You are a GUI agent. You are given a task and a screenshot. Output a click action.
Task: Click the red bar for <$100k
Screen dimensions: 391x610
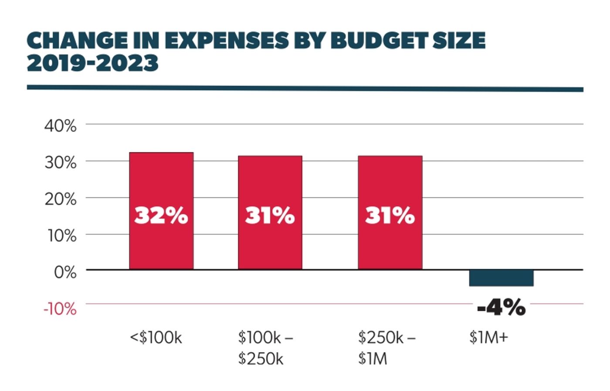point(161,183)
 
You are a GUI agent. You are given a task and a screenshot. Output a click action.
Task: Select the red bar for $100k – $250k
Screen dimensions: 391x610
point(270,183)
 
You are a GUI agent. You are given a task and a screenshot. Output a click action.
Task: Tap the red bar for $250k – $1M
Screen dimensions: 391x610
point(390,183)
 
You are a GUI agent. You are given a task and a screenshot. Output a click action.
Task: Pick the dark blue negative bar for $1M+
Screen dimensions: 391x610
point(501,278)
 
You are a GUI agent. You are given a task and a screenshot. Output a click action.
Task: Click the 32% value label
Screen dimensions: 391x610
point(161,215)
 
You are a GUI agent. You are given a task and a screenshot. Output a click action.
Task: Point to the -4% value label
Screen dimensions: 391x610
point(501,308)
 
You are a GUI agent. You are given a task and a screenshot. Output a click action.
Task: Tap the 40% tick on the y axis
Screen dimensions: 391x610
point(60,126)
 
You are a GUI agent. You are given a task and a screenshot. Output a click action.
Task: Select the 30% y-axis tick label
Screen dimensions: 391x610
point(60,163)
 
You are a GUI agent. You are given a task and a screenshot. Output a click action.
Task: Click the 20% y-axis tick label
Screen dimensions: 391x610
point(60,199)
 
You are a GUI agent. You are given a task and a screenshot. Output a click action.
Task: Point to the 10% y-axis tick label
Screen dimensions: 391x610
point(60,236)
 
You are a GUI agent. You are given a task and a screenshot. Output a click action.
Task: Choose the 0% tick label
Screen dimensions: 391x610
point(65,272)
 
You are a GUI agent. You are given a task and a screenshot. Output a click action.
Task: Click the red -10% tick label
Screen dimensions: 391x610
point(60,309)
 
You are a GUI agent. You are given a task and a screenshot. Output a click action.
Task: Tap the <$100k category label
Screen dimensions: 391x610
point(156,338)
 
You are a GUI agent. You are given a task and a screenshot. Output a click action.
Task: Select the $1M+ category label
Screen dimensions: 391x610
point(488,338)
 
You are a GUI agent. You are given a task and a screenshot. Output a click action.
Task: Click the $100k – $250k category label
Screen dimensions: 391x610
point(265,348)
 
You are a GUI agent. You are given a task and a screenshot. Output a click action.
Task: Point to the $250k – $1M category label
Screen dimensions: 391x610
point(386,348)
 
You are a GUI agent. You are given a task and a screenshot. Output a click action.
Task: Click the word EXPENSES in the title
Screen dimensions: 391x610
point(227,41)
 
